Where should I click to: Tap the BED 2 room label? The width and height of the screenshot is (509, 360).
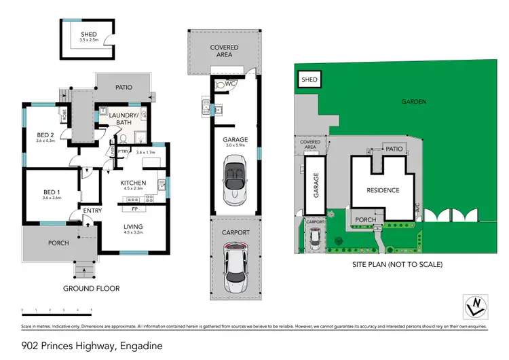click(x=46, y=135)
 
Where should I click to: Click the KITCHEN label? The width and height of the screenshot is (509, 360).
click(x=133, y=183)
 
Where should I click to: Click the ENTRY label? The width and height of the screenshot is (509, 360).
click(x=92, y=211)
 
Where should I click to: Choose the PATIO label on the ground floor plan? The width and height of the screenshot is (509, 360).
click(x=123, y=87)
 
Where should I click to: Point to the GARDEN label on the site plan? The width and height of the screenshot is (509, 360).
click(x=413, y=101)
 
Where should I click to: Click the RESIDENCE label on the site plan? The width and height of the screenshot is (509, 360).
click(x=383, y=190)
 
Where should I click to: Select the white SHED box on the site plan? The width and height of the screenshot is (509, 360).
click(x=309, y=80)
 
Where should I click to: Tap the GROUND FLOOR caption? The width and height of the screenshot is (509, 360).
click(x=91, y=289)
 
